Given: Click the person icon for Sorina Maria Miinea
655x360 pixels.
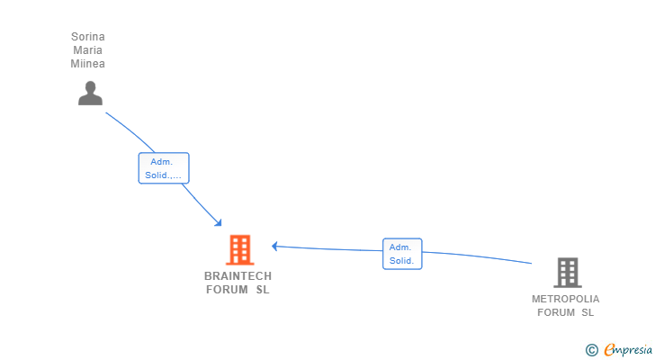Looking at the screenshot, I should [x=90, y=93].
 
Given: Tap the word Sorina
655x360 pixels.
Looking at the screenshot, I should [x=88, y=37].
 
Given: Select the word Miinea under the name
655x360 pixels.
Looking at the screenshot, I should [x=88, y=64].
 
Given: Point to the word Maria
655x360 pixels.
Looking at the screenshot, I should [x=88, y=50].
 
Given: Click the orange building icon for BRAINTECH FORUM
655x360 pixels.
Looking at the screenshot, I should [x=239, y=249].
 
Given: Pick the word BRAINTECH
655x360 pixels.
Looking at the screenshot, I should [x=238, y=275].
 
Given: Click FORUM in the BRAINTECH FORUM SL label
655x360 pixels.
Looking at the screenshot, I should [x=226, y=290].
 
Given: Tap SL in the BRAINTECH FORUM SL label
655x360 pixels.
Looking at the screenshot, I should [x=263, y=290].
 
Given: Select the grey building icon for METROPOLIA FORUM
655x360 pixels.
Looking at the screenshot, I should [x=567, y=272].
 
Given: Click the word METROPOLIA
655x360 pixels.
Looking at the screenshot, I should [x=565, y=299].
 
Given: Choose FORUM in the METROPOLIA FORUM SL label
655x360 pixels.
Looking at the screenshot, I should [x=555, y=312].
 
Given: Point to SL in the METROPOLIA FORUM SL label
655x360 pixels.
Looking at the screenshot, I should [x=588, y=312].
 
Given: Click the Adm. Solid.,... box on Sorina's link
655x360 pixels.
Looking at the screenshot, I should [x=164, y=168].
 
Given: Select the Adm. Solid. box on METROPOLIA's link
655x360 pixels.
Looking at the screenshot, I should [x=401, y=254].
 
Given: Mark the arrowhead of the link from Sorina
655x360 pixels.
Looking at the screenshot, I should [x=218, y=222].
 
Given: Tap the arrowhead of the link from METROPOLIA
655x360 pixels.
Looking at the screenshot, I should [x=275, y=246].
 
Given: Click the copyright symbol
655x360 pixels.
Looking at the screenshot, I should [x=591, y=350].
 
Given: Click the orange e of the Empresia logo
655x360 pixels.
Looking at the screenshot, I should [x=609, y=349].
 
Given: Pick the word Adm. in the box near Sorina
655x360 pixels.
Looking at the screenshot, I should [x=162, y=162].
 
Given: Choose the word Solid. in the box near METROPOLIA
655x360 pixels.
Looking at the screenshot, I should [x=401, y=261].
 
